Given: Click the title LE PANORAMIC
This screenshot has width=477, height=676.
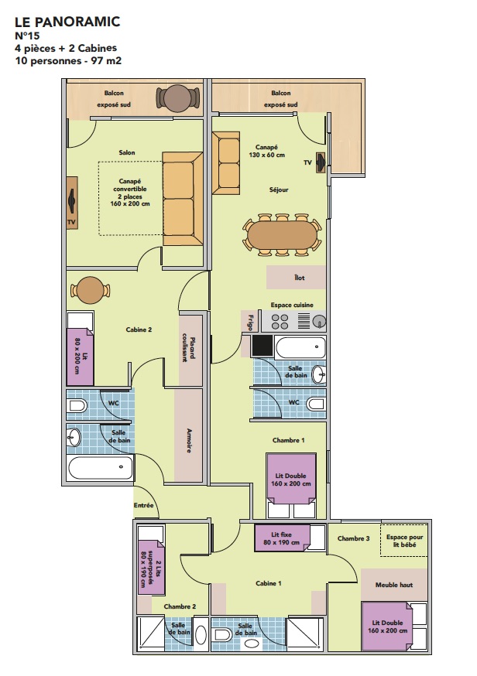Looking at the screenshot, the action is [67, 22].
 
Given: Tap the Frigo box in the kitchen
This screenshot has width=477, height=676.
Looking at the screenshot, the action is [250, 321].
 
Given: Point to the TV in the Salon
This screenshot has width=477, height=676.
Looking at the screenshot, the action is [72, 201].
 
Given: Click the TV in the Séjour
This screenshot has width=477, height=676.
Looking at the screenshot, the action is [321, 162].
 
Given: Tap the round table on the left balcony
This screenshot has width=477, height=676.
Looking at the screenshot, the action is [178, 98].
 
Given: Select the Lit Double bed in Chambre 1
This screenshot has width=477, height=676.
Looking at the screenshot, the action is [291, 479].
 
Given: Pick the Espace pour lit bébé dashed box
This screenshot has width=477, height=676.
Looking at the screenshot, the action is [404, 540].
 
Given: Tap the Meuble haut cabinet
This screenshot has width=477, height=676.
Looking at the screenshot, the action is [393, 585].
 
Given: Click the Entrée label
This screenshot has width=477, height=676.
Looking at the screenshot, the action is [143, 505].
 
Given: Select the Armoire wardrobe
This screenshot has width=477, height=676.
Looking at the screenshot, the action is [189, 435].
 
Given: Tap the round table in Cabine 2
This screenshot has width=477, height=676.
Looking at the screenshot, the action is [91, 290].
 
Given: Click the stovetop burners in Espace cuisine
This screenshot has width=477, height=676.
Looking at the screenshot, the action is [280, 322].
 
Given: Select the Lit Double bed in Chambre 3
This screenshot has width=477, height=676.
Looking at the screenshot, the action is [387, 626].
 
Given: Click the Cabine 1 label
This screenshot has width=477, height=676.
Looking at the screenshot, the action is [268, 583].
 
